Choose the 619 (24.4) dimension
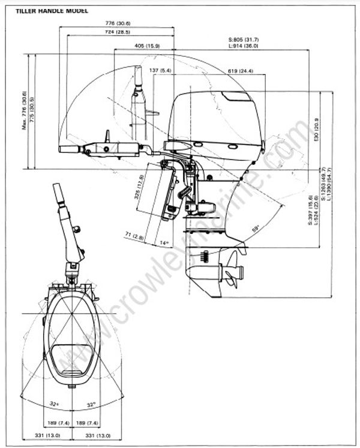240,71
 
